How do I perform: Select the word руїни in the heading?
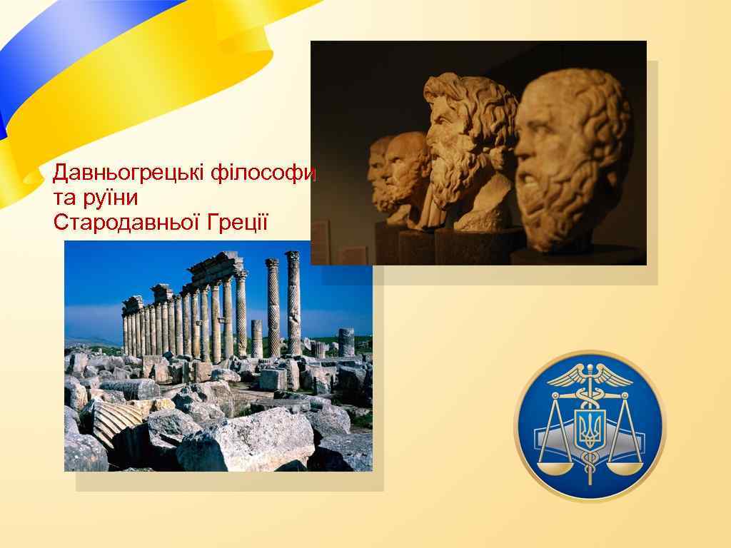[112, 198]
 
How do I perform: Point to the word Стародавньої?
[127, 222]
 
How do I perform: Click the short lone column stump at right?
[346, 342]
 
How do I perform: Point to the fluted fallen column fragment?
[114, 420]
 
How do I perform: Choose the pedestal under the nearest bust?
[578, 256]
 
